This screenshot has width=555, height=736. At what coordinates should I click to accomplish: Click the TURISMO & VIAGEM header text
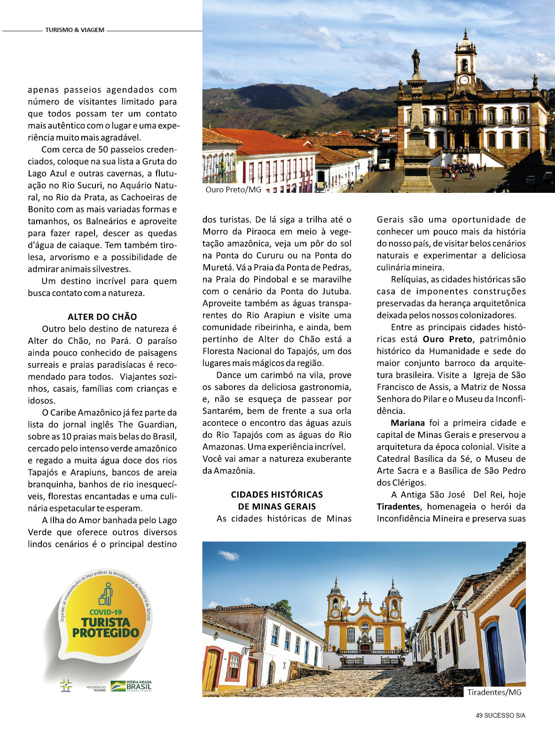75,30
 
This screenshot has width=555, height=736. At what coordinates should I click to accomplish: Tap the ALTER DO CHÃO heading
102,317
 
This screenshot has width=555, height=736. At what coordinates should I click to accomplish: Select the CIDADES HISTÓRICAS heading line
277,494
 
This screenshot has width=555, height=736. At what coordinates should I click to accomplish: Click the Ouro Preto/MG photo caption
233,190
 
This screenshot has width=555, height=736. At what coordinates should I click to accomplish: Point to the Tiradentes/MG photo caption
494,692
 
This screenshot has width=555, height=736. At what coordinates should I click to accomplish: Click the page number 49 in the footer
479,715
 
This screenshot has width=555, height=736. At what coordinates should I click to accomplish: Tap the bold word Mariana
407,423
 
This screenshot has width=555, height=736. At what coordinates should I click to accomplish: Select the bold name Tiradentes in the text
398,506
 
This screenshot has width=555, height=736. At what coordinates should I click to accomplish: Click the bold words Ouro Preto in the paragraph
447,339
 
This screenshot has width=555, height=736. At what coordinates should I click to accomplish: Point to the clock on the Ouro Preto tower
464,80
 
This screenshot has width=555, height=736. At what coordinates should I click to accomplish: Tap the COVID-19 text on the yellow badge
106,612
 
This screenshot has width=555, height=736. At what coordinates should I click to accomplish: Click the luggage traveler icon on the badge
106,594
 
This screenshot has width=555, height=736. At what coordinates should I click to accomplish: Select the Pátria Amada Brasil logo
131,686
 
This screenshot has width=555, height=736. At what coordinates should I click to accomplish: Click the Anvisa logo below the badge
66,686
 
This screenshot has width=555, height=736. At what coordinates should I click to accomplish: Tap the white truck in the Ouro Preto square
384,164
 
